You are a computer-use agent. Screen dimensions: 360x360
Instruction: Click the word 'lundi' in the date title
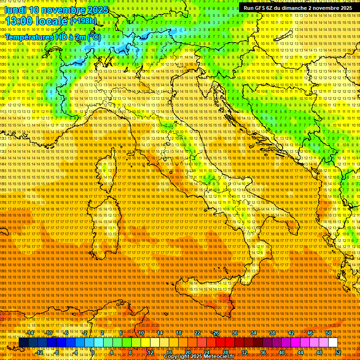pos(15,10)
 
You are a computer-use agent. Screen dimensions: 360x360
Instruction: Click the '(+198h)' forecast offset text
pos(83,21)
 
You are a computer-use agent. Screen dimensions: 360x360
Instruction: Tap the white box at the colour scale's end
pos(333,343)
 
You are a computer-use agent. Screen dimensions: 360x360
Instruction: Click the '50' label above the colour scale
pos(329,333)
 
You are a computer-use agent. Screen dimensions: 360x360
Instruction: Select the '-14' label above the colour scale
pos(30,333)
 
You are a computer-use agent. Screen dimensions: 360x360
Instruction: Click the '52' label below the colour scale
pos(338,352)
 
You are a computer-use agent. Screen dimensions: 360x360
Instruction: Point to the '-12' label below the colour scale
pos(39,352)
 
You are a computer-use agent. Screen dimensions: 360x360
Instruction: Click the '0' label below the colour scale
pos(93,352)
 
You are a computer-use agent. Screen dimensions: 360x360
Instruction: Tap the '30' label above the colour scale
pos(235,333)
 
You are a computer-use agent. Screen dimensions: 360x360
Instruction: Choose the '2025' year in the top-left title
pos(97,10)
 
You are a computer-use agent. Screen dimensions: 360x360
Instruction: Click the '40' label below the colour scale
pos(282,352)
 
